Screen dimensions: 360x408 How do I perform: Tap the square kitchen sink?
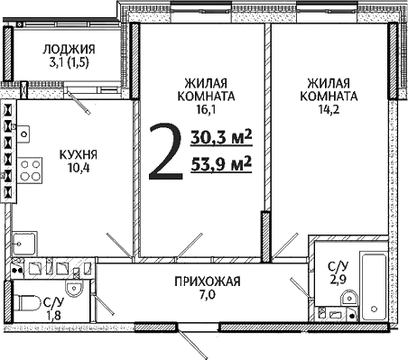[x=24, y=241]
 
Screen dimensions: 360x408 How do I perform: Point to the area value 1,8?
[x=54, y=315]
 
